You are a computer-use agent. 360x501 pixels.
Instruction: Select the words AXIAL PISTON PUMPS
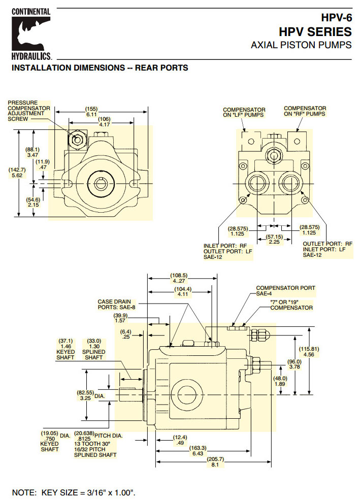[x=301, y=45]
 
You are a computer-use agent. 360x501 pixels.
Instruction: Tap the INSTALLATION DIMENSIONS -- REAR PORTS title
[x=100, y=68]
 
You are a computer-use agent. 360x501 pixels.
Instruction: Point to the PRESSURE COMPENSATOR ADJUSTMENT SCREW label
[x=29, y=111]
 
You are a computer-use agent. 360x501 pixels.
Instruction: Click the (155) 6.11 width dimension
[x=91, y=112]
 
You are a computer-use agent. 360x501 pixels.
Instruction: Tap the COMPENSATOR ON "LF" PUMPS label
[x=244, y=112]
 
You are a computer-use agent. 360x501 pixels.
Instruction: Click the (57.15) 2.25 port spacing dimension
[x=274, y=239]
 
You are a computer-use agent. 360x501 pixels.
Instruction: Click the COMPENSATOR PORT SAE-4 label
[x=285, y=291]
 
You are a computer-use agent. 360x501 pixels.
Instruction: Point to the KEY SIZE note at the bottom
[x=74, y=492]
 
